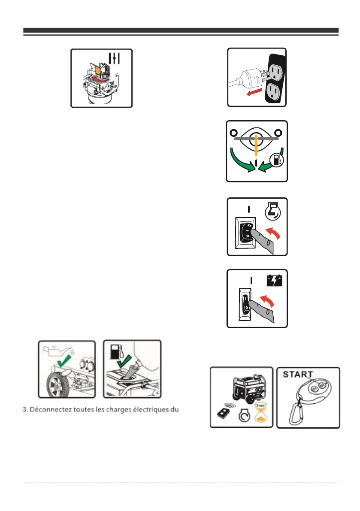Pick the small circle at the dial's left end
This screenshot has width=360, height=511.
pyautogui.click(x=233, y=133)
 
